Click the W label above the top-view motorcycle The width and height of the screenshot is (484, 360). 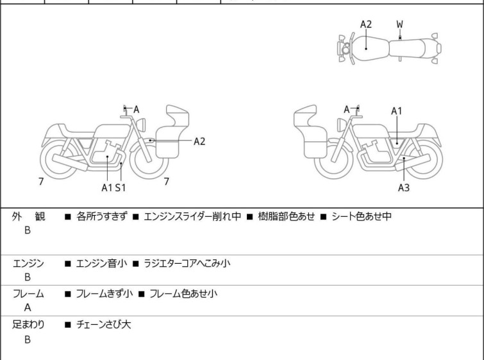pos(399,24)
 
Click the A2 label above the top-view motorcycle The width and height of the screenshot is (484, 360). pos(365,24)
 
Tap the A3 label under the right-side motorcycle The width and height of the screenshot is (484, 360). pos(403,187)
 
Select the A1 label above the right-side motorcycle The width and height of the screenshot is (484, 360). pos(397,111)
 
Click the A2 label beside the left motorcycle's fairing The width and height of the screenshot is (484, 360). pos(199,141)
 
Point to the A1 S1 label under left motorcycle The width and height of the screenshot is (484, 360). pos(113,187)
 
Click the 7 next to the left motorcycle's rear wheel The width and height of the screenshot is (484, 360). pos(41,182)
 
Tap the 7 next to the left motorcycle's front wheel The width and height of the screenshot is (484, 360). pos(167,182)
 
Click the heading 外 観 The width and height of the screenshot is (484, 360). pos(29,217)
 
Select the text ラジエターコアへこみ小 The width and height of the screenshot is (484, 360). pos(187,263)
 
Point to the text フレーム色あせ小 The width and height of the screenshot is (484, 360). pos(183,294)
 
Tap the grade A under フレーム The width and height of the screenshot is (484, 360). pos(28,308)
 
